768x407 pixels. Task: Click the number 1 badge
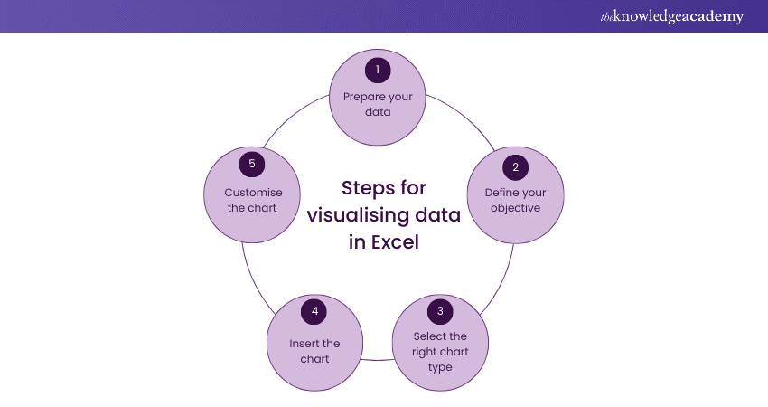(x=379, y=70)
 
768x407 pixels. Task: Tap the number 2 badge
(x=515, y=166)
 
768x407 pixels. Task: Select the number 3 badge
(x=440, y=311)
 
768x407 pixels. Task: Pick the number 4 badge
(x=314, y=311)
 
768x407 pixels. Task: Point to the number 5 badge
(x=254, y=166)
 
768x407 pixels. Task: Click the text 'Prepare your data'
(x=379, y=104)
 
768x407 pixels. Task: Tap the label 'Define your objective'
(x=515, y=200)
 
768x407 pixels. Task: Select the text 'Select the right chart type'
(x=440, y=352)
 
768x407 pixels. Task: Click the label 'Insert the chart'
(x=314, y=351)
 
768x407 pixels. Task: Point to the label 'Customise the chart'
(x=254, y=200)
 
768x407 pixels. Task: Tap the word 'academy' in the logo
(x=711, y=17)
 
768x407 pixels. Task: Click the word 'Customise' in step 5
(x=254, y=193)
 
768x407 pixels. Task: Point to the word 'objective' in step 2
(x=515, y=208)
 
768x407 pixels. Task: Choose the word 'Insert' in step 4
(x=302, y=344)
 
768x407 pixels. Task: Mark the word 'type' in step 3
(x=440, y=367)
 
